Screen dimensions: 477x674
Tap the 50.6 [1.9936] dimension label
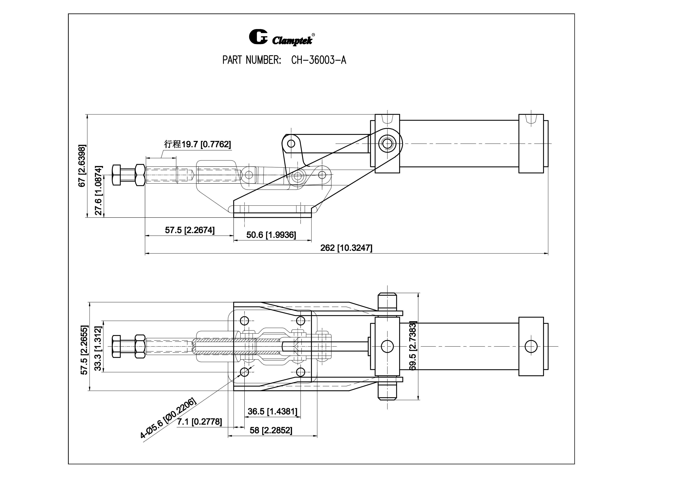[271, 235]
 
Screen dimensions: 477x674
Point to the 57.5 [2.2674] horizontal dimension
[190, 230]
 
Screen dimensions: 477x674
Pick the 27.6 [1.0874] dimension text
[99, 190]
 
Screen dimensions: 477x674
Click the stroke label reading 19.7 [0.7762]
[198, 144]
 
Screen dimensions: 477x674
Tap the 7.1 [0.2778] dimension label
[199, 422]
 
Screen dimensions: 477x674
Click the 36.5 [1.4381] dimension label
[272, 411]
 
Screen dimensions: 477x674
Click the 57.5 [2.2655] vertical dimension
[84, 350]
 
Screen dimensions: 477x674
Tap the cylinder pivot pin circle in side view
[387, 144]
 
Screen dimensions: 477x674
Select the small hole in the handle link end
[291, 143]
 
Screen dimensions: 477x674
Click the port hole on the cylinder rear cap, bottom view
[531, 347]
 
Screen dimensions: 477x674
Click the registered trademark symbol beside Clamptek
[313, 35]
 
